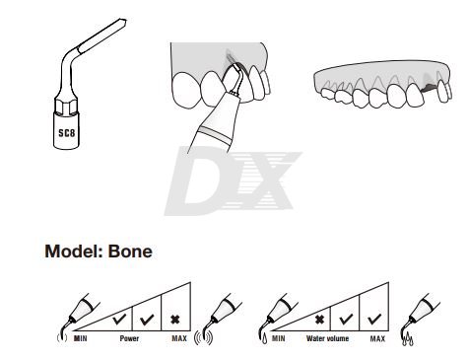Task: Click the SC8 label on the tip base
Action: pyautogui.click(x=67, y=133)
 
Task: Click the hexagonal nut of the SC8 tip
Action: pyautogui.click(x=66, y=106)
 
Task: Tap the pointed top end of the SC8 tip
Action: pyautogui.click(x=125, y=21)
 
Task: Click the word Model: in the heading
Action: pyautogui.click(x=74, y=252)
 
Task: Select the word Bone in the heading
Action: pyautogui.click(x=130, y=252)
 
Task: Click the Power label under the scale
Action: pyautogui.click(x=129, y=338)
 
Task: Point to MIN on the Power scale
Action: pyautogui.click(x=81, y=338)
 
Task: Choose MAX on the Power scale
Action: pyautogui.click(x=179, y=338)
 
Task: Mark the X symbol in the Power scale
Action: pyautogui.click(x=175, y=320)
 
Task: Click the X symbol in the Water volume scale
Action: pyautogui.click(x=319, y=320)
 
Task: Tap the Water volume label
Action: pyautogui.click(x=327, y=338)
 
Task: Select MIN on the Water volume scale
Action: pyautogui.click(x=279, y=338)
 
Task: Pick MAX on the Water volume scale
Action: pyautogui.click(x=377, y=338)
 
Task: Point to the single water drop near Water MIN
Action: pyautogui.click(x=265, y=339)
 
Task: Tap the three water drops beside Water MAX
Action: pyautogui.click(x=408, y=339)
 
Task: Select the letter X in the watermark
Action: pyautogui.click(x=263, y=180)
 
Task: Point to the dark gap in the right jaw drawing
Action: pyautogui.click(x=430, y=88)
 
